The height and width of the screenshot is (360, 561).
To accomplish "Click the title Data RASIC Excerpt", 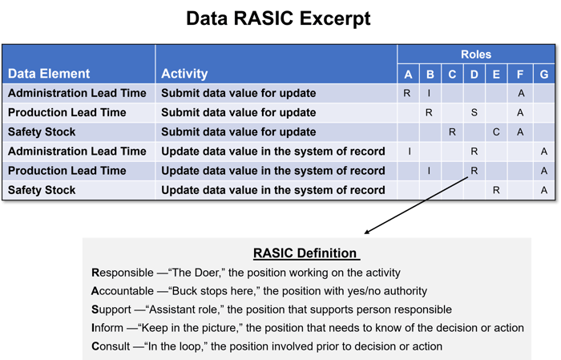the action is coord(278,18).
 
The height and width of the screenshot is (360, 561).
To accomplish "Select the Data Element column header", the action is coord(49,73).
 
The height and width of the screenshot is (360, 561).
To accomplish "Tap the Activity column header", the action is coord(184,73).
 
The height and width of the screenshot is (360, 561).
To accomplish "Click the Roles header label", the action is coord(476,55).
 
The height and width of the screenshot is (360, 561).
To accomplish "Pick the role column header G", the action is coord(544,74).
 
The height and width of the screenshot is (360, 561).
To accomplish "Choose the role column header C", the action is coord(452,74).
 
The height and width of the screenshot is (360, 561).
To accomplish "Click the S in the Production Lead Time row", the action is coord(474,112).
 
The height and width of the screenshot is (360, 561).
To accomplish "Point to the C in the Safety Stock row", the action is coord(496,132).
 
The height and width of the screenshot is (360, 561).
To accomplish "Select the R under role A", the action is coord(407,93).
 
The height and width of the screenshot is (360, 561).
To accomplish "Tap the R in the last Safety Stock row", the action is coord(496,190).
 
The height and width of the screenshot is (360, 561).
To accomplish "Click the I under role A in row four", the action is coord(410,152).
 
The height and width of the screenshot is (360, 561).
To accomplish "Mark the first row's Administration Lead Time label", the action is coord(77,93).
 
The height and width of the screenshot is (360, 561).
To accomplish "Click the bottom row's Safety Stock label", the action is coord(42,190).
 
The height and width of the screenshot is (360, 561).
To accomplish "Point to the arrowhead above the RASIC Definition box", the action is coord(366,232).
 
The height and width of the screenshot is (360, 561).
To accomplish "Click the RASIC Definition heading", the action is coord(305,253).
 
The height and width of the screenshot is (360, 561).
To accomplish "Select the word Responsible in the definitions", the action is coord(123,273).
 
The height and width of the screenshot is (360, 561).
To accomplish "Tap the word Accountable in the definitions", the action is coord(123,291).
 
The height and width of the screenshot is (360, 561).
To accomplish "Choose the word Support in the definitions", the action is coord(111,309).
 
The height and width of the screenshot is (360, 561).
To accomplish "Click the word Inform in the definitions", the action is coord(107,328).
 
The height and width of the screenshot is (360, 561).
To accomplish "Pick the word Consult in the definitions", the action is coord(111,346).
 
